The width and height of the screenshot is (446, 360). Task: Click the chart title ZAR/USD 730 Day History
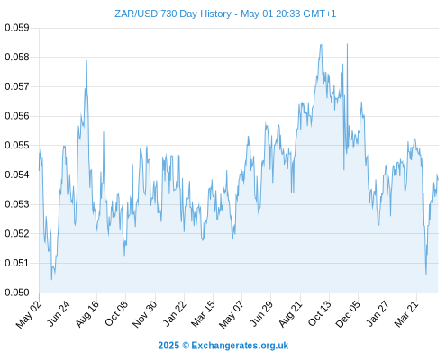click(173, 13)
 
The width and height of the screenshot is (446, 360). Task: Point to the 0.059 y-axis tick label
click(17, 28)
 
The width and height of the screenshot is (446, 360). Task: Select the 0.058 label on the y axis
click(17, 57)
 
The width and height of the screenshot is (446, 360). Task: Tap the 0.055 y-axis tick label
click(17, 146)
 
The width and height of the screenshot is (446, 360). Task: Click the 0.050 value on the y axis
click(17, 292)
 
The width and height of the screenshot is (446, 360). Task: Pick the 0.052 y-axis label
click(17, 233)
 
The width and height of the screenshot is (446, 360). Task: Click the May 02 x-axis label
click(29, 314)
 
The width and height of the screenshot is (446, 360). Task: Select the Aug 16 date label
click(87, 314)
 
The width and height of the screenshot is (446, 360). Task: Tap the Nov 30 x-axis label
click(144, 314)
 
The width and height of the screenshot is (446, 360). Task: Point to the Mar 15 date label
click(203, 314)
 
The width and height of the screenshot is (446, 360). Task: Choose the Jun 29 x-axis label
click(261, 314)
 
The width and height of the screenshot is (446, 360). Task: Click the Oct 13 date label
click(320, 313)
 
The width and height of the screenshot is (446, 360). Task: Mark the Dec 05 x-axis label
click(348, 314)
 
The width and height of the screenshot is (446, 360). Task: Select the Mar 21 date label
click(406, 314)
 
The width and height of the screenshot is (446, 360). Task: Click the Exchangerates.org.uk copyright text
click(223, 346)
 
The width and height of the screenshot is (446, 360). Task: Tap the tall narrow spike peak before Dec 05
click(347, 44)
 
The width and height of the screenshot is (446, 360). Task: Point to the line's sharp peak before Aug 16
click(86, 61)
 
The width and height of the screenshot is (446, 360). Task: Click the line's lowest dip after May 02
click(51, 279)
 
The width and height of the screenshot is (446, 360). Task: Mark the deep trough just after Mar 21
click(426, 274)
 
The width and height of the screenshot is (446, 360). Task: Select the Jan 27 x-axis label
click(378, 314)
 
